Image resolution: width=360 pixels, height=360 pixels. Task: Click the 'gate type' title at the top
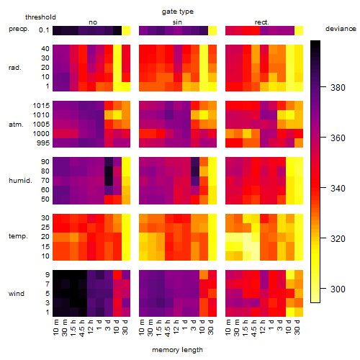click(x=178, y=12)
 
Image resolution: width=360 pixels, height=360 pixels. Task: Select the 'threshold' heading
click(x=40, y=17)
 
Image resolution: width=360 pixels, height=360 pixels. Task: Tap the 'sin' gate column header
click(x=177, y=22)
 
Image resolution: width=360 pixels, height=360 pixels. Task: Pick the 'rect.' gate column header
click(x=261, y=22)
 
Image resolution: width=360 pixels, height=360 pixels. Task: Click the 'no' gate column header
click(x=93, y=22)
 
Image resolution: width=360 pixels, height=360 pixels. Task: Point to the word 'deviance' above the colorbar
click(x=341, y=29)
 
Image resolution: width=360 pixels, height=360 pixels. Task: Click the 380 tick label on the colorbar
click(x=338, y=88)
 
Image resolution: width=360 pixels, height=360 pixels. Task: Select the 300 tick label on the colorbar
click(x=338, y=289)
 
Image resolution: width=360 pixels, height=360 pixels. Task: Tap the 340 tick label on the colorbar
click(x=338, y=189)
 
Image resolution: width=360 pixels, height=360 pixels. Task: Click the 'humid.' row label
click(x=20, y=181)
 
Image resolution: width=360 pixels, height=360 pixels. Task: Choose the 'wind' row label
click(x=17, y=294)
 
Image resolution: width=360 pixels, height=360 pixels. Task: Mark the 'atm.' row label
click(x=16, y=125)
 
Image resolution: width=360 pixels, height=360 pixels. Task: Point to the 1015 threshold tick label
click(x=41, y=106)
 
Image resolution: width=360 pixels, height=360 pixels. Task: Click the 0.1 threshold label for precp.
click(x=44, y=30)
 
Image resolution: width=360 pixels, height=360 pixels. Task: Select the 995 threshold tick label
click(x=43, y=143)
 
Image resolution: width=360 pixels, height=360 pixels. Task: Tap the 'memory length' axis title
click(x=178, y=350)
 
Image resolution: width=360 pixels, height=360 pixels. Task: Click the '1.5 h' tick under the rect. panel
click(x=246, y=328)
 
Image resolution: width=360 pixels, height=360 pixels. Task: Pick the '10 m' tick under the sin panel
click(x=142, y=328)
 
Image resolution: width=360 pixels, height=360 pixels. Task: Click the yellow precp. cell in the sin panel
click(x=212, y=31)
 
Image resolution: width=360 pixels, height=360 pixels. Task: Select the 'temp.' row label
click(x=18, y=236)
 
